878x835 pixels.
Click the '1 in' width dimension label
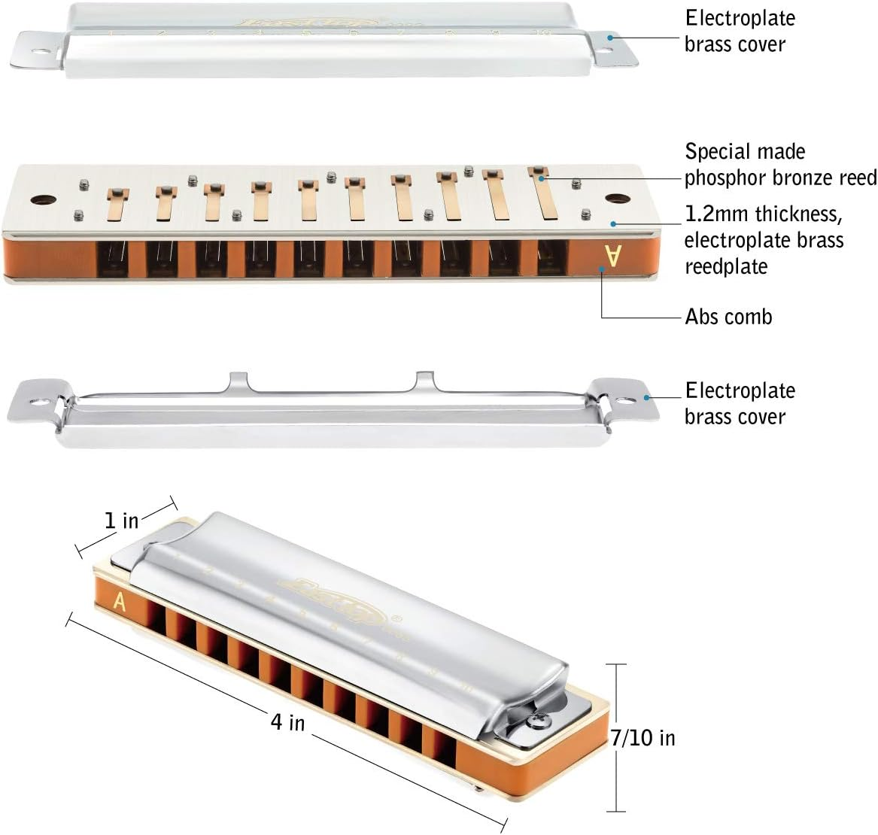[120, 520]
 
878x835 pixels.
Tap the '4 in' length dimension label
[287, 721]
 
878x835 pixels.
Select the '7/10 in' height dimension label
[643, 738]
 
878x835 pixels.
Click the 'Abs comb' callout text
[728, 317]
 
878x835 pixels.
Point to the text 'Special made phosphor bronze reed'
[779, 165]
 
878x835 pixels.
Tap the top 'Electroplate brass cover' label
[740, 31]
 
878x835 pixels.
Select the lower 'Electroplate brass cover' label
[740, 403]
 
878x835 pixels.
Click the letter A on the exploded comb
[612, 257]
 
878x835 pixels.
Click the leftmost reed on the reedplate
[116, 205]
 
